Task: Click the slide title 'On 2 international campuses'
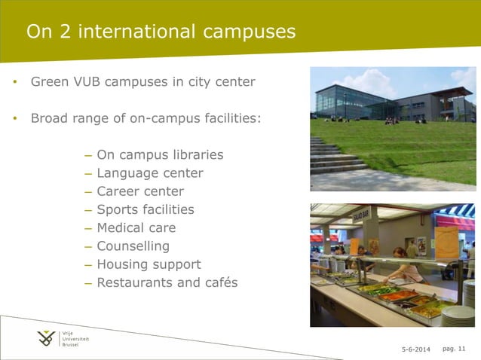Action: [x=161, y=32]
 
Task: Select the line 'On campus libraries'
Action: [x=160, y=155]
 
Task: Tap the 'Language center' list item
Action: [x=149, y=173]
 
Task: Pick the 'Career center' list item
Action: [x=140, y=191]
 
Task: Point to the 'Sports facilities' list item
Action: [x=146, y=209]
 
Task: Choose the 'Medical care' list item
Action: [x=136, y=227]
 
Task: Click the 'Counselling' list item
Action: [x=133, y=246]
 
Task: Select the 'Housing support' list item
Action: [x=149, y=264]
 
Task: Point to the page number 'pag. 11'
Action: [x=455, y=348]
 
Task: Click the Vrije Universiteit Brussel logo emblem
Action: [x=47, y=339]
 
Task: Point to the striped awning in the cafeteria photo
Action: [x=455, y=214]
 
